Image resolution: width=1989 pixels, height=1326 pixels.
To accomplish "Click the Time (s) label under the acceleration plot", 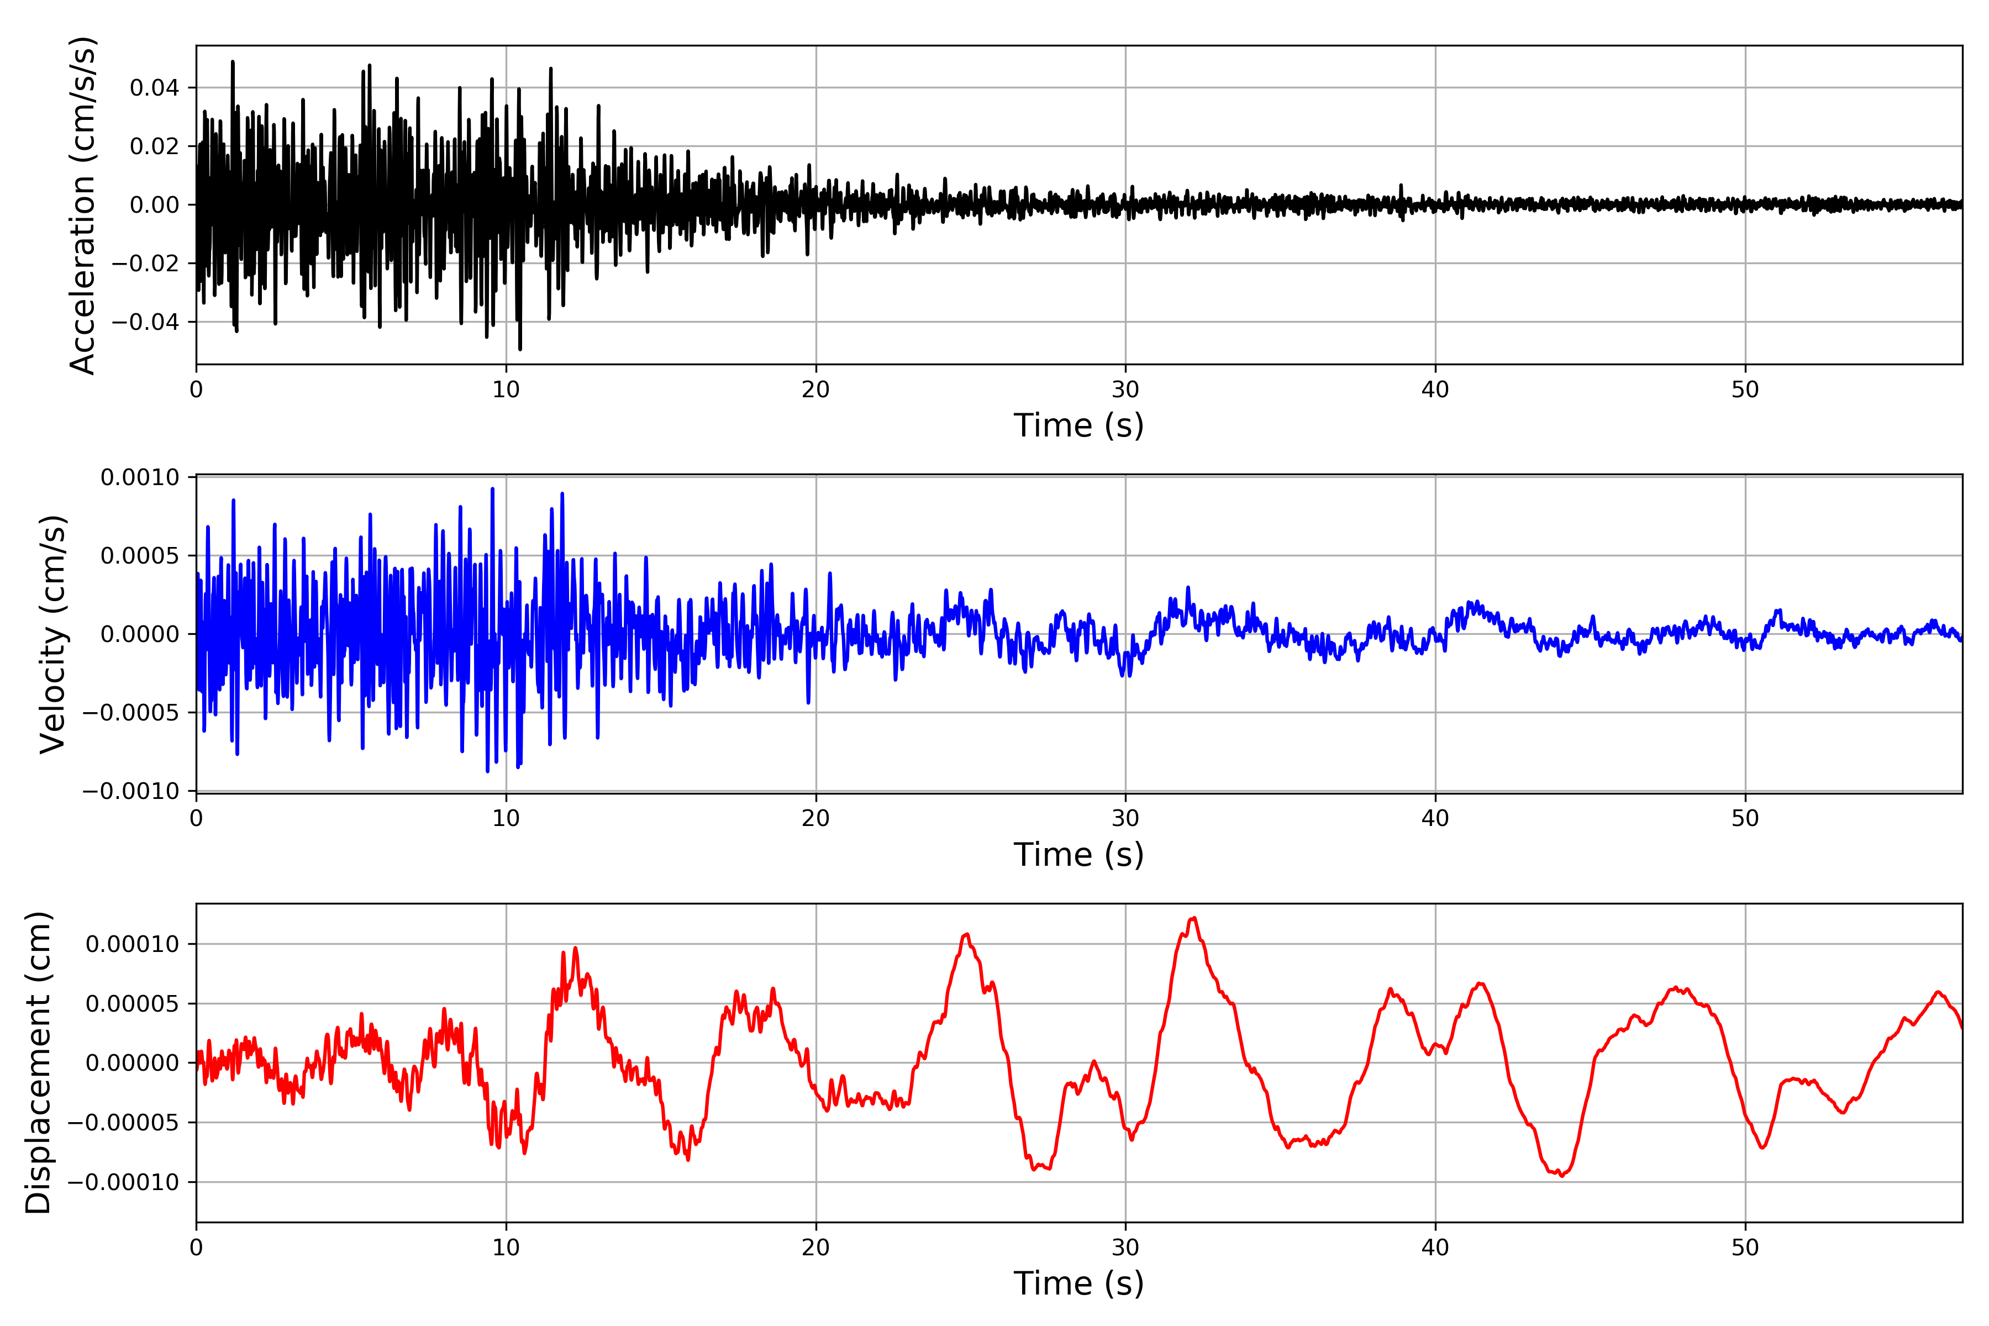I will coord(1078,425).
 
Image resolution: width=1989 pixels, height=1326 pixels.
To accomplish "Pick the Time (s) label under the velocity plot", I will coord(1078,854).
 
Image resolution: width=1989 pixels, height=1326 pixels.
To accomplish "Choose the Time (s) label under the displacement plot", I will coord(1078,1283).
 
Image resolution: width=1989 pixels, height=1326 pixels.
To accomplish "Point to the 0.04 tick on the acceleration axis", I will coord(154,88).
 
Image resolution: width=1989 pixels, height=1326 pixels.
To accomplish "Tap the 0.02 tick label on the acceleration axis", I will coord(154,146).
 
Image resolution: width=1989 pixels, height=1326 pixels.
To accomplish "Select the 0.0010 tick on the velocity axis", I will coord(140,478).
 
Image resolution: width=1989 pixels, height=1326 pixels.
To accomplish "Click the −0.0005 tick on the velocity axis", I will coord(131,713).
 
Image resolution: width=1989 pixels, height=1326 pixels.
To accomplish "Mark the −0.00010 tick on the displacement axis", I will coord(124,1182).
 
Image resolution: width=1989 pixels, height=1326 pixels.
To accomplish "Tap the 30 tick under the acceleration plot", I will coord(1125,390).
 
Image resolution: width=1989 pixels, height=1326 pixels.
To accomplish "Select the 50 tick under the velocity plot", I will coord(1745,819).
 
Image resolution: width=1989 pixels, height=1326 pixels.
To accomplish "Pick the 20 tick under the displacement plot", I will coord(816,1248).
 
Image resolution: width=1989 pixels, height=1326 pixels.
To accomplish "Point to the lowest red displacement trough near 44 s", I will coord(1561,1176).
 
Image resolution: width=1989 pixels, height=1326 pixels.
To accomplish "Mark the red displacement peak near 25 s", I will coord(966,934).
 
